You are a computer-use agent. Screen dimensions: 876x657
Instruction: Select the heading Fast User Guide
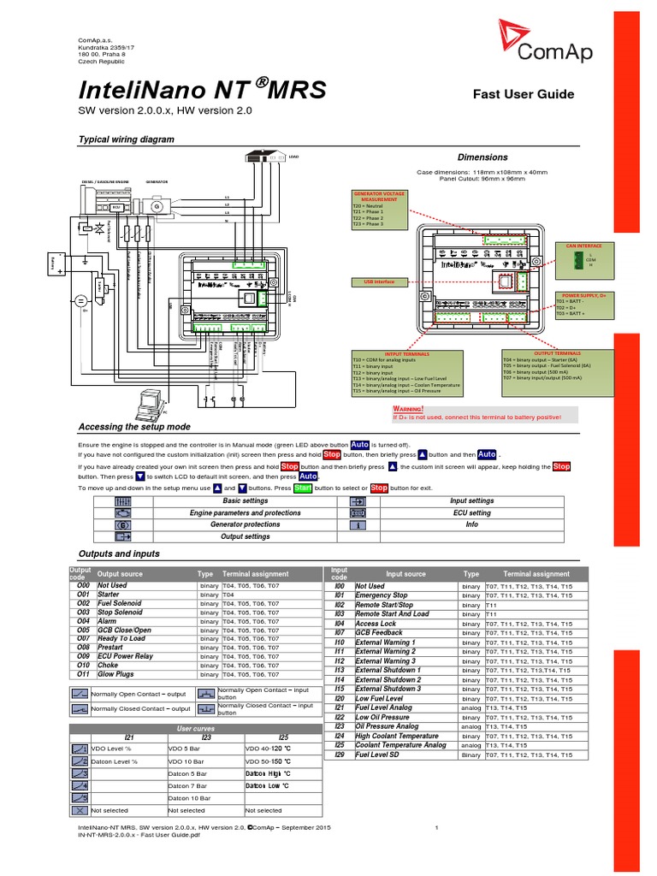pos(524,94)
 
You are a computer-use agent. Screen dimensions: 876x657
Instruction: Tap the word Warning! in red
pos(408,409)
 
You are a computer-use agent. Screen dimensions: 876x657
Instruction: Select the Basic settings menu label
pos(245,500)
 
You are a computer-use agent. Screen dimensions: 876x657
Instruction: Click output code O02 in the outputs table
pos(83,603)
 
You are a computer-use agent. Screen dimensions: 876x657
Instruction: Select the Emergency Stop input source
pos(382,595)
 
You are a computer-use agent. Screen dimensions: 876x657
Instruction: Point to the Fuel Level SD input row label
pos(382,755)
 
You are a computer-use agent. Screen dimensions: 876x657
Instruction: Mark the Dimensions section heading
pos(482,157)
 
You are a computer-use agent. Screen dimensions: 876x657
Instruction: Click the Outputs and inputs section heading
pos(119,554)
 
